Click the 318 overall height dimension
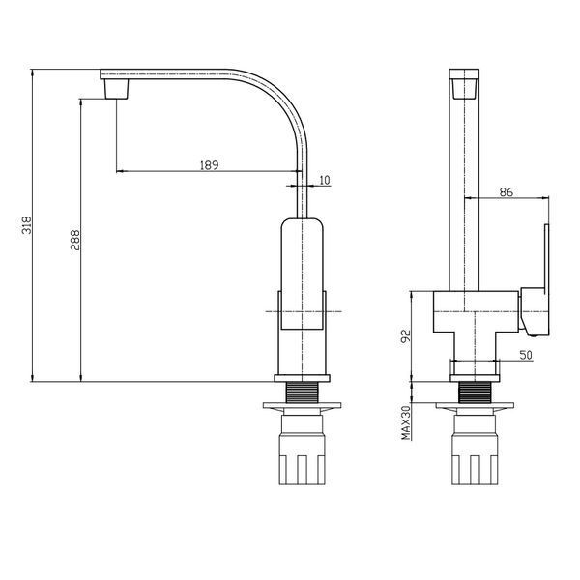27,225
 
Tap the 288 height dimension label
75,240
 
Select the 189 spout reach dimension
210,165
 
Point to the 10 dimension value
324,180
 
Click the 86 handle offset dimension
507,192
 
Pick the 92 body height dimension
406,336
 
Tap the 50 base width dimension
526,355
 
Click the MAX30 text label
406,422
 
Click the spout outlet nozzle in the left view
117,89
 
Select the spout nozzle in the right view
464,89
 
